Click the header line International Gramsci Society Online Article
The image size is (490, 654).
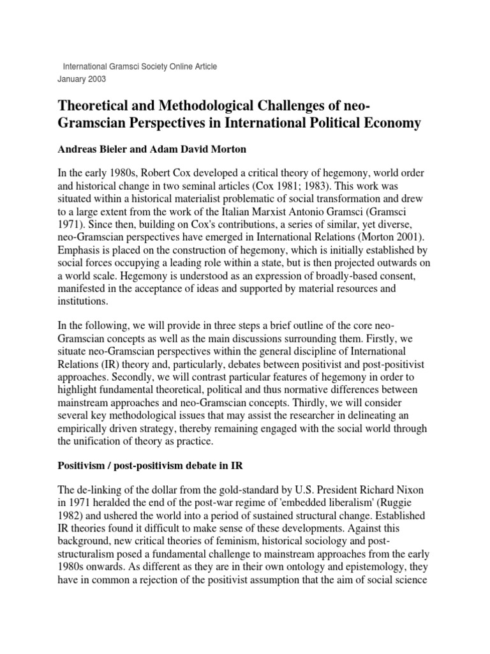pyautogui.click(x=139, y=67)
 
